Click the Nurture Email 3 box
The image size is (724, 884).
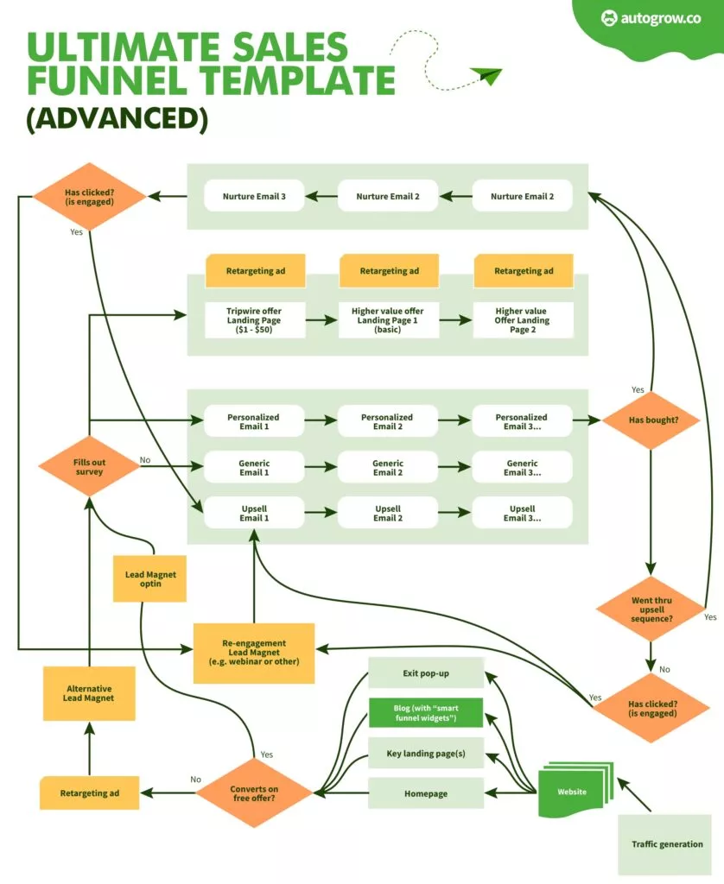(254, 196)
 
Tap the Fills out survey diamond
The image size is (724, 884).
(89, 466)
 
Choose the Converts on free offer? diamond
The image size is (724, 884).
(254, 792)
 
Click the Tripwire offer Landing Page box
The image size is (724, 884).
(254, 320)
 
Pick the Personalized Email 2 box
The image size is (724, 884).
(387, 420)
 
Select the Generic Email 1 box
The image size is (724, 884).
(254, 467)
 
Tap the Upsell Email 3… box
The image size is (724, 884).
(521, 513)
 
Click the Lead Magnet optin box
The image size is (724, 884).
(150, 578)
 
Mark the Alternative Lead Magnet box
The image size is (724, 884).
(89, 692)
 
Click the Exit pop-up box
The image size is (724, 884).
(426, 672)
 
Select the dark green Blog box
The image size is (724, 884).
(426, 713)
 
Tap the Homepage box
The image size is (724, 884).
(426, 793)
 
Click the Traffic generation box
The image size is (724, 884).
(666, 843)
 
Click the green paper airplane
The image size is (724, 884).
(486, 76)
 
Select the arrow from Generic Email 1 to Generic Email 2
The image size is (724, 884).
(320, 467)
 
